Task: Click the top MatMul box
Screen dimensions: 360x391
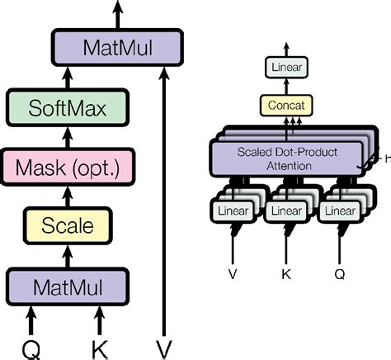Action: pyautogui.click(x=117, y=47)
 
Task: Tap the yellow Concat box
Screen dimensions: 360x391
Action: pyautogui.click(x=285, y=105)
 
